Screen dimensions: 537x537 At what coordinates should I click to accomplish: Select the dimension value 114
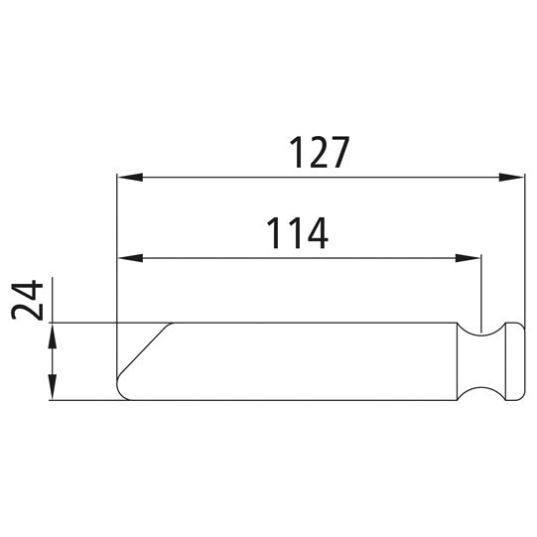(x=296, y=233)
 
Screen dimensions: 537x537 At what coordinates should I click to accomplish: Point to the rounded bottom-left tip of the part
(x=121, y=393)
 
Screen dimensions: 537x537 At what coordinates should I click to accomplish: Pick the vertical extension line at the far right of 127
(x=524, y=248)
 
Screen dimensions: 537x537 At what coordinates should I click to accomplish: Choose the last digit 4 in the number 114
(x=316, y=233)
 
